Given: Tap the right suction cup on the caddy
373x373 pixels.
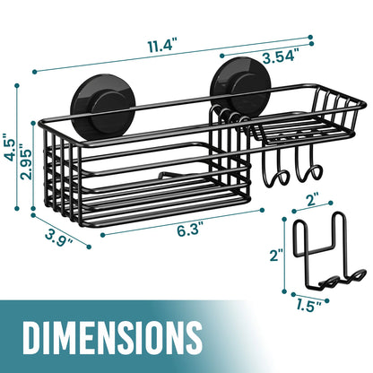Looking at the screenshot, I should (234, 89).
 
